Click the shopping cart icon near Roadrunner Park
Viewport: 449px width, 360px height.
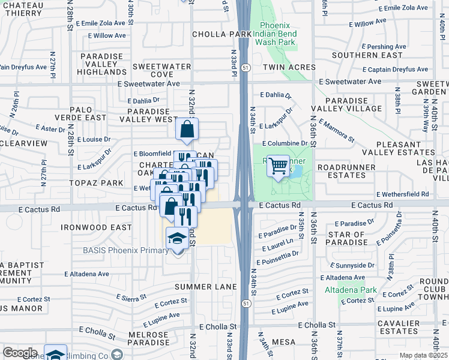click(278, 165)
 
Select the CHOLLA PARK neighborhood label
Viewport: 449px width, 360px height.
click(221, 35)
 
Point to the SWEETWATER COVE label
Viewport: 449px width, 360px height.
click(153, 70)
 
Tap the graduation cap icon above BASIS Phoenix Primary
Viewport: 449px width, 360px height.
click(177, 239)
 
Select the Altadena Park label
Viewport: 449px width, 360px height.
click(351, 290)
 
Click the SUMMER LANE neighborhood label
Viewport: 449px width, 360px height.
click(206, 287)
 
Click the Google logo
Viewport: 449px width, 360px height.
click(20, 353)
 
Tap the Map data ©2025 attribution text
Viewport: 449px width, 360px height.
click(423, 355)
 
